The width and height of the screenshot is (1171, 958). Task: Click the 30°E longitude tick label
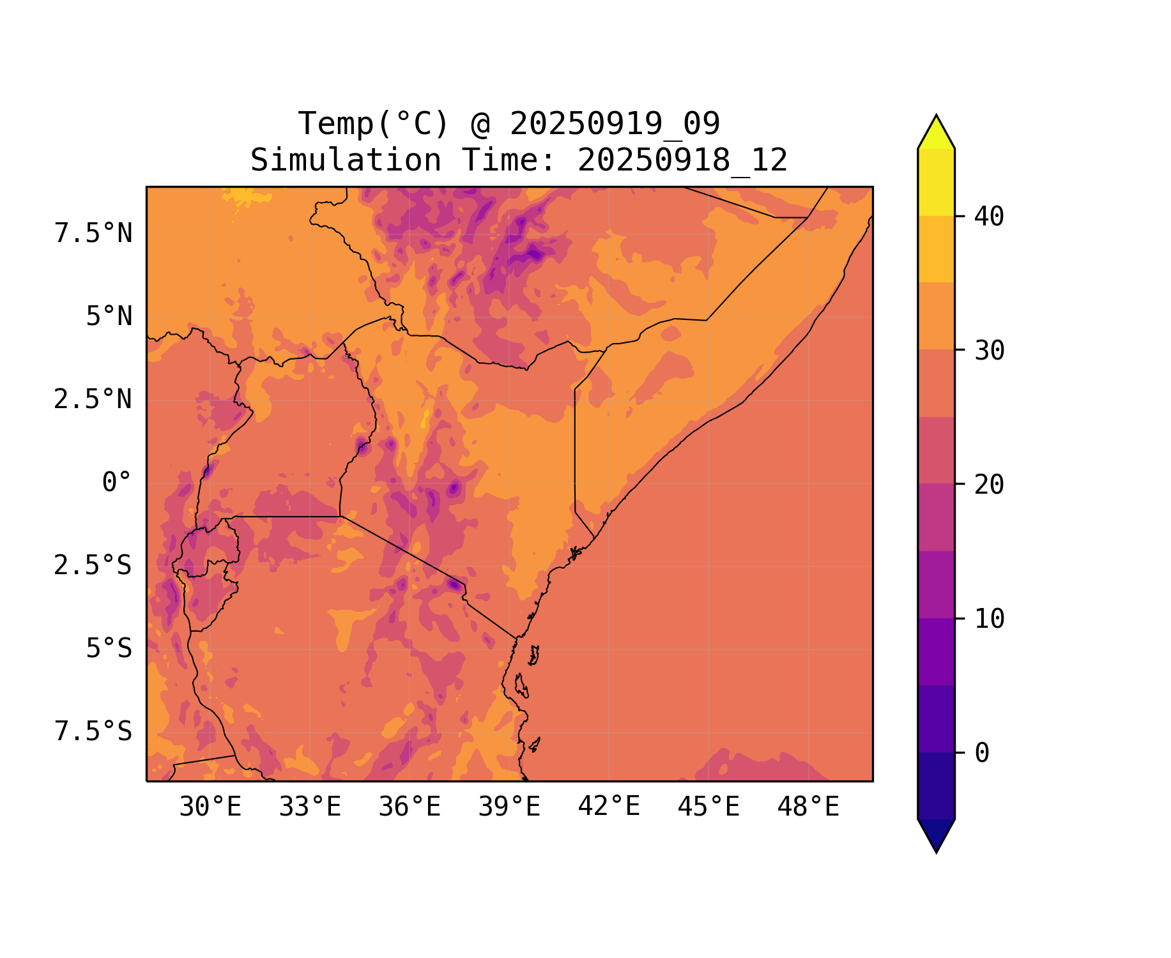click(x=210, y=807)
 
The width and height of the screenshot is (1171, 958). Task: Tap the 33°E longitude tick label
click(x=310, y=807)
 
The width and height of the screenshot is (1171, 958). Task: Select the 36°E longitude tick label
click(x=409, y=807)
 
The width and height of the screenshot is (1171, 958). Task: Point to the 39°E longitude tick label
click(x=509, y=807)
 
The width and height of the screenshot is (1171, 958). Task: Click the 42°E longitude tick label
click(x=609, y=807)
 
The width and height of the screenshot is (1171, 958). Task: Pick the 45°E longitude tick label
click(x=708, y=807)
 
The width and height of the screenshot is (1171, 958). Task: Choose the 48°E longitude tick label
click(x=808, y=807)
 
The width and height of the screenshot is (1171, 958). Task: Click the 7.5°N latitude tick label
click(x=93, y=234)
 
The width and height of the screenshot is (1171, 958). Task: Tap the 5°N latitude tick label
click(x=109, y=317)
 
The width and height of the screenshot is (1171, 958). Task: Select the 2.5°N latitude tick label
click(x=93, y=400)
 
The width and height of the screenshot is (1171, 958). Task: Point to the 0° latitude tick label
click(x=117, y=483)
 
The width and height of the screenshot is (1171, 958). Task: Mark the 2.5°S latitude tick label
click(x=93, y=566)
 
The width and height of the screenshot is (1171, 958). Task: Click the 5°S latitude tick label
click(x=109, y=649)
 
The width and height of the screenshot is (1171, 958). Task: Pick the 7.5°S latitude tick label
click(x=93, y=732)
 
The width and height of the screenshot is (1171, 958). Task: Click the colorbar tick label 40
click(x=989, y=217)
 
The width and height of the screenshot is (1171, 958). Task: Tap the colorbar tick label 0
click(x=982, y=754)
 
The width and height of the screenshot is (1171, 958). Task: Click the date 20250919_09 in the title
click(x=615, y=124)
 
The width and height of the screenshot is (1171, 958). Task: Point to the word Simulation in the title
click(x=346, y=160)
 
